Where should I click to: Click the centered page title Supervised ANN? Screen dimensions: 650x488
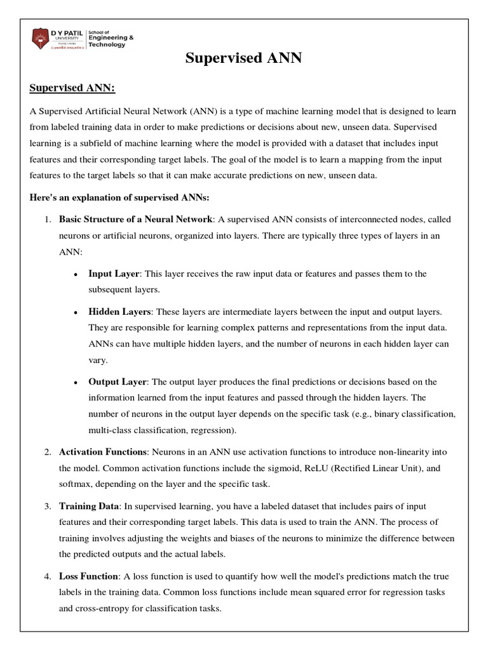click(243, 58)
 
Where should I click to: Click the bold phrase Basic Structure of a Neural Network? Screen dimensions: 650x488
click(135, 219)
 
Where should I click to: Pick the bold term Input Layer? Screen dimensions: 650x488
click(113, 274)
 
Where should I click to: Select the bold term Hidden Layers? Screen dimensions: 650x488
click(119, 312)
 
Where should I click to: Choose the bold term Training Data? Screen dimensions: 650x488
click(89, 506)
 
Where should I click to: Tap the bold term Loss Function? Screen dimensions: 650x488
click(88, 576)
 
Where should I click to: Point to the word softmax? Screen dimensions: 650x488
click(76, 484)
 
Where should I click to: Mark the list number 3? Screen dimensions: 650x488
click(48, 506)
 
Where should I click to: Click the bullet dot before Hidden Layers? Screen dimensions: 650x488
click(76, 313)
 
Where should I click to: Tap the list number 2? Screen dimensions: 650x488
click(48, 451)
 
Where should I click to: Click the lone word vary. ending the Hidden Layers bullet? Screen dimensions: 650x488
click(98, 359)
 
